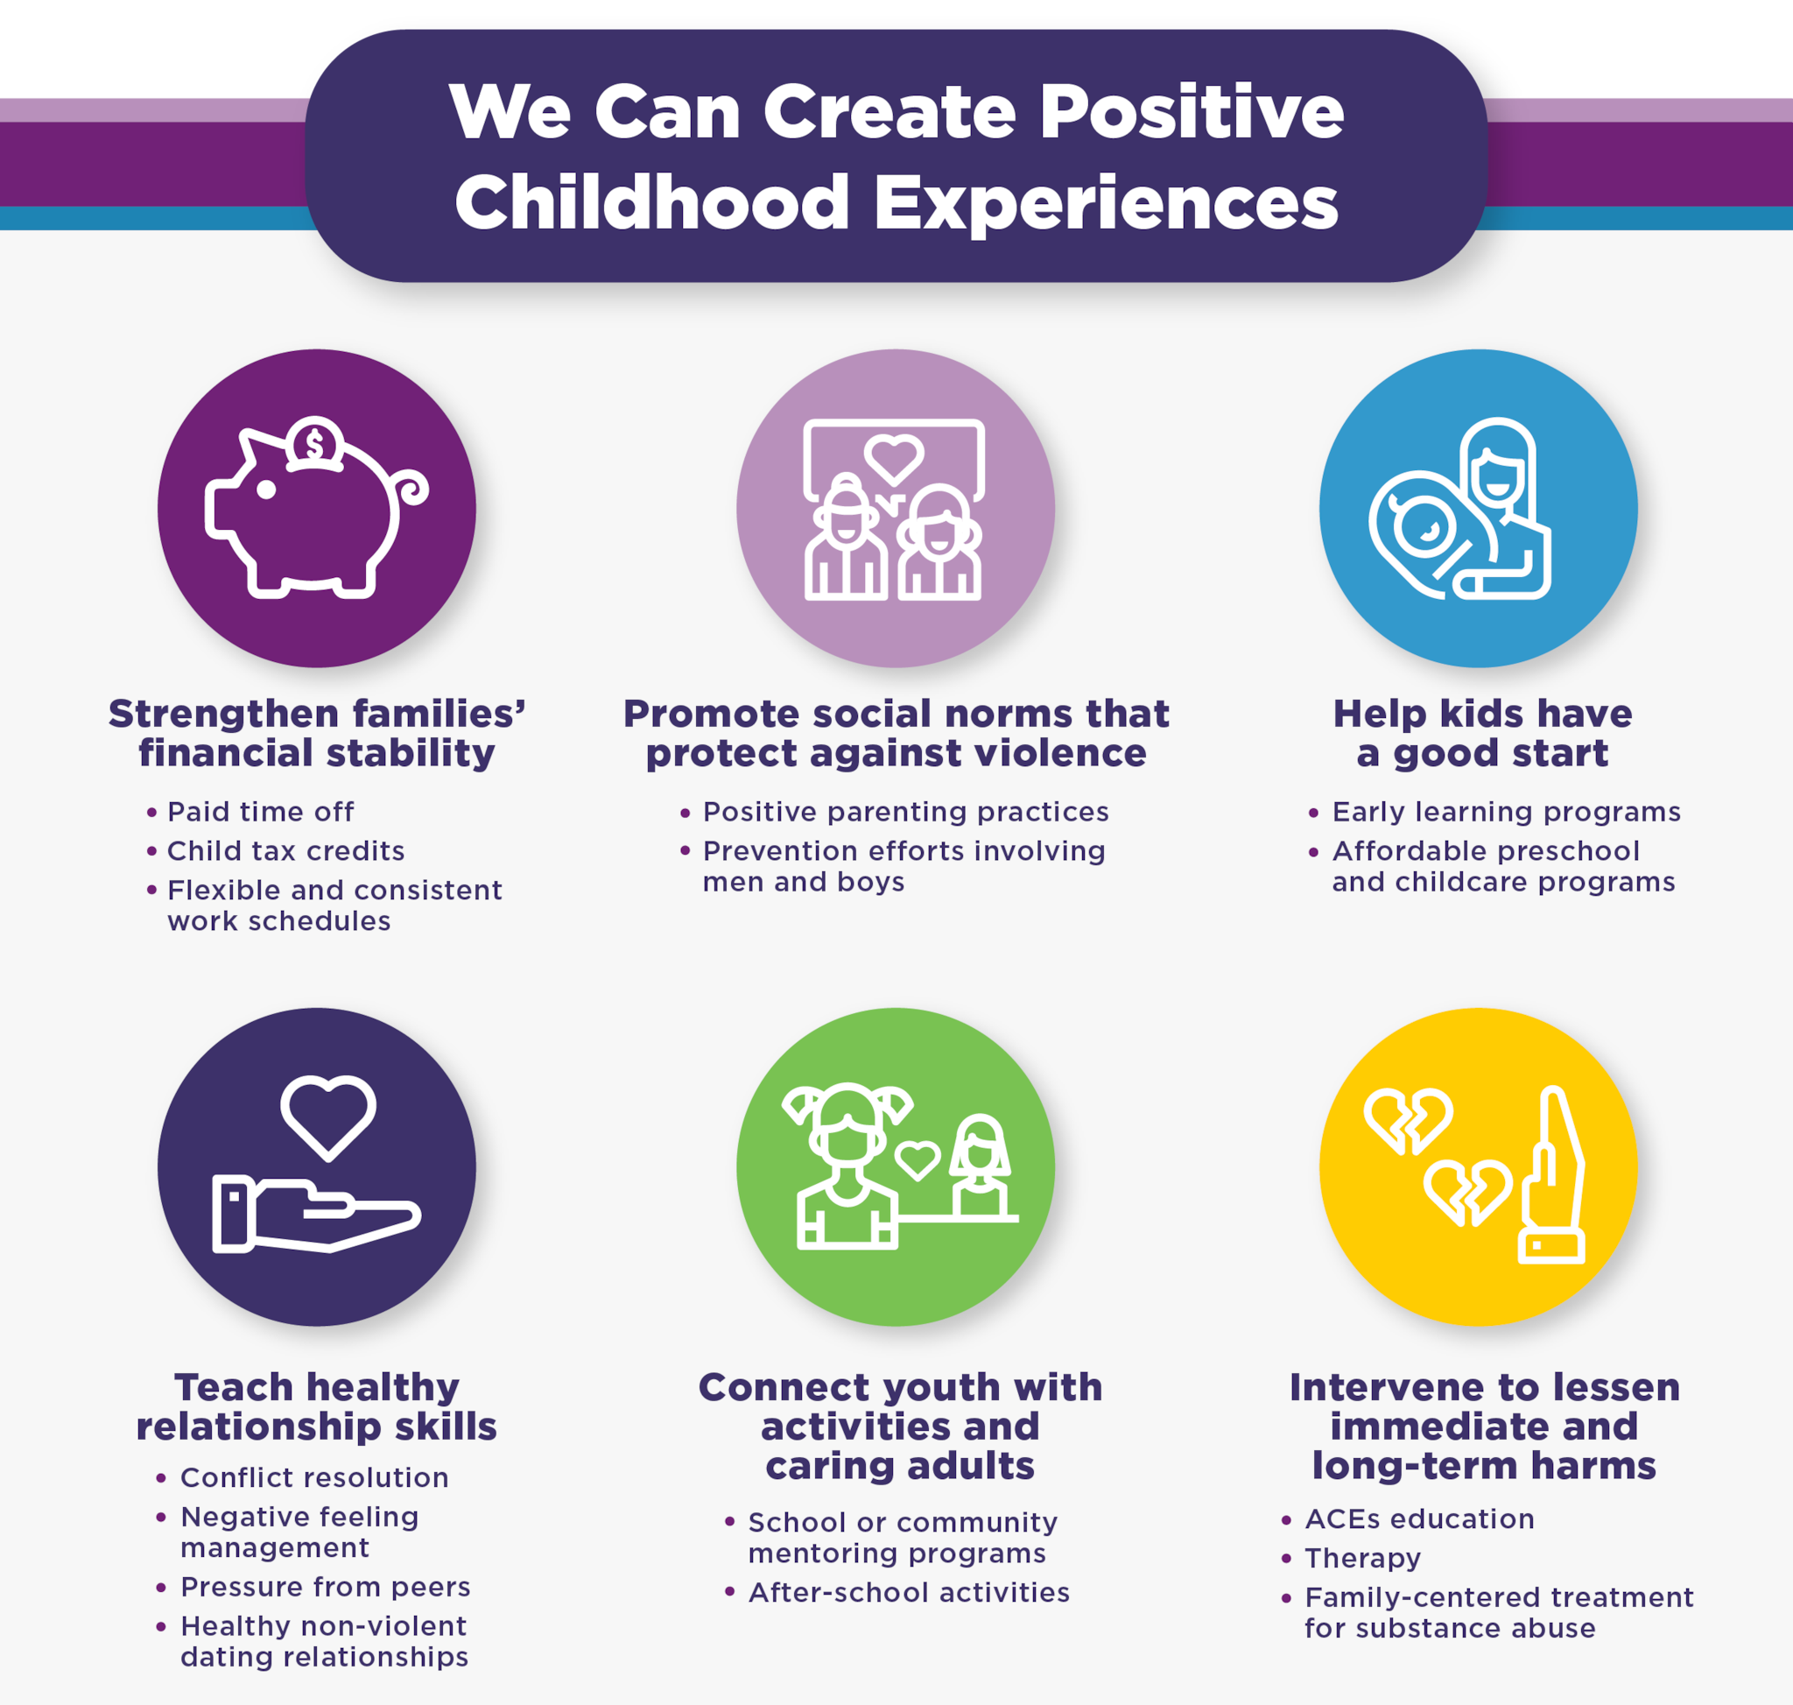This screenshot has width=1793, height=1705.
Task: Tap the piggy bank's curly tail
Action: [410, 487]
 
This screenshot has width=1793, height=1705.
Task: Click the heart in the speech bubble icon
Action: [894, 459]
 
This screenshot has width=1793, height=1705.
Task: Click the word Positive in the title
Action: [1192, 113]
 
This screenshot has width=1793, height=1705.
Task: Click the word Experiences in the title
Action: [1106, 203]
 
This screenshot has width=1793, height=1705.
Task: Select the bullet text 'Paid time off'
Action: [261, 812]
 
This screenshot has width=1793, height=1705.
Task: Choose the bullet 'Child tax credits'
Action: [286, 850]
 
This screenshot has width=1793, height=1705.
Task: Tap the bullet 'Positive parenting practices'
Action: [906, 812]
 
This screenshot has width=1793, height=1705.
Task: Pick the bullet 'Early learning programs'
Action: [1507, 812]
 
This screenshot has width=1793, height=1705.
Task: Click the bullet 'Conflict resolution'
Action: [314, 1478]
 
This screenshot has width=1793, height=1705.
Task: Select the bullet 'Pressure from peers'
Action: [326, 1587]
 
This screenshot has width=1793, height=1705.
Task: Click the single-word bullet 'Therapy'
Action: [1363, 1559]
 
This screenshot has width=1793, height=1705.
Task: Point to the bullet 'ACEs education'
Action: [1419, 1518]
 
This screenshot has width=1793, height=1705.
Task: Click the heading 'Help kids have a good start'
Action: [1482, 734]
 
